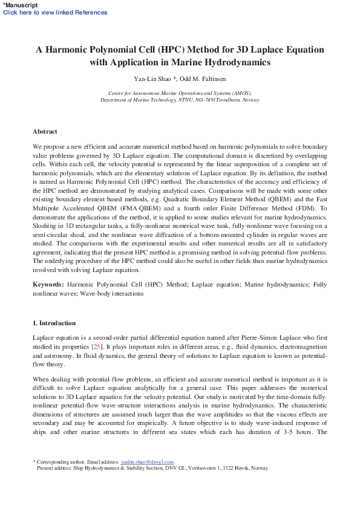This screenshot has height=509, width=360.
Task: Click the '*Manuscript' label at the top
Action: [x=20, y=5]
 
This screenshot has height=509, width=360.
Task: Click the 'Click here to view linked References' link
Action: [x=55, y=13]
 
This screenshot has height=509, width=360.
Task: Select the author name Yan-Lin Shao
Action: [x=153, y=79]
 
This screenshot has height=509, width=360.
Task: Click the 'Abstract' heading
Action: [x=45, y=131]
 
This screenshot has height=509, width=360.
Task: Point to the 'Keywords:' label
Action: [x=48, y=284]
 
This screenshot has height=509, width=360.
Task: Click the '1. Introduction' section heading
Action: [x=54, y=323]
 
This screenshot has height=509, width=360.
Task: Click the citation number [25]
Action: [x=96, y=346]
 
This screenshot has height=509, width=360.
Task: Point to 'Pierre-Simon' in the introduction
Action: [x=261, y=337]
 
